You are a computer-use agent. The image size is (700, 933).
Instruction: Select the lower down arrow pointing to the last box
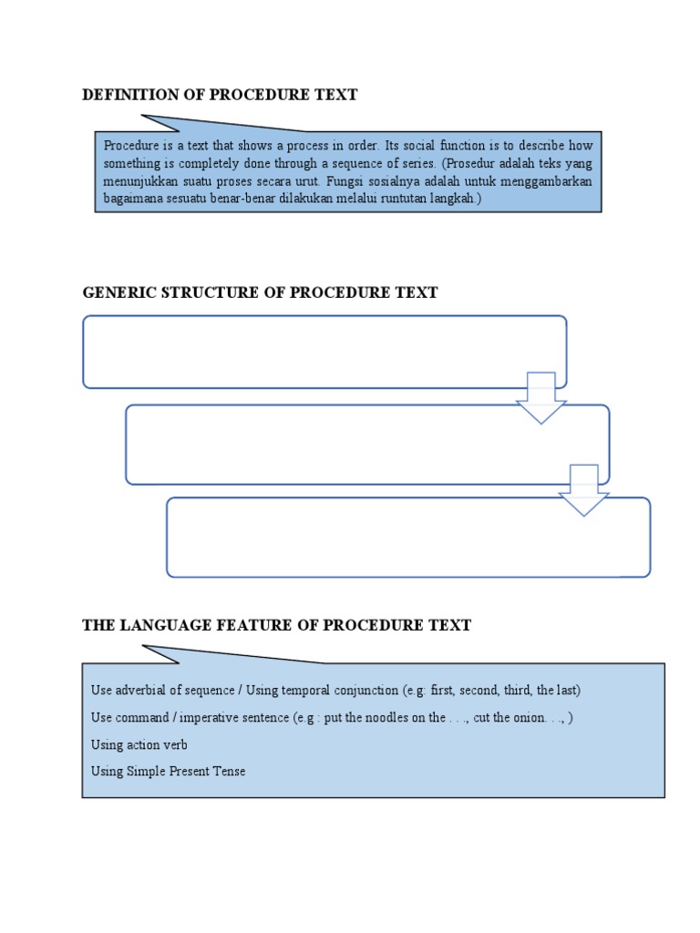coord(583,490)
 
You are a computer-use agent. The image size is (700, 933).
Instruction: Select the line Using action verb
coord(139,744)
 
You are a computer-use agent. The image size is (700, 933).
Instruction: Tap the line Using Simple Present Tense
coord(169,772)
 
